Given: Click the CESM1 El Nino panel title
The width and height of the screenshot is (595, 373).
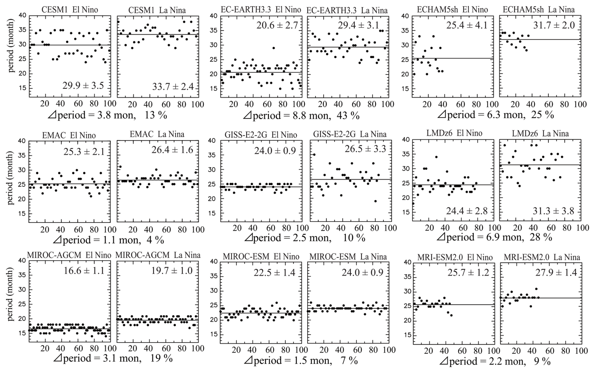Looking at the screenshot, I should pyautogui.click(x=70, y=10).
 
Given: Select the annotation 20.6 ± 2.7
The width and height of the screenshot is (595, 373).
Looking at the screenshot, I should pyautogui.click(x=276, y=25).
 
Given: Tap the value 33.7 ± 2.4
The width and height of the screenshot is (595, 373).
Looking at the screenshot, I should pyautogui.click(x=173, y=86).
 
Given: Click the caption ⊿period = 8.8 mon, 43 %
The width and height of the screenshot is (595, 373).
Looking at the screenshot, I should pyautogui.click(x=301, y=116).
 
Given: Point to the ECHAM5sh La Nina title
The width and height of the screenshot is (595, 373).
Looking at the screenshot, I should pyautogui.click(x=538, y=9).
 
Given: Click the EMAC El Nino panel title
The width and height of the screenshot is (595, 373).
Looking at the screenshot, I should pyautogui.click(x=69, y=135).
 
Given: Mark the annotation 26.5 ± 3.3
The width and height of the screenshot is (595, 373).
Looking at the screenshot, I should pyautogui.click(x=364, y=149).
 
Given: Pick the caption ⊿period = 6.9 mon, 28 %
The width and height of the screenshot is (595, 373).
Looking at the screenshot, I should pyautogui.click(x=495, y=237).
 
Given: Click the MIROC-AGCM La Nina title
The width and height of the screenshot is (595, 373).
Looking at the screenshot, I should pyautogui.click(x=158, y=255).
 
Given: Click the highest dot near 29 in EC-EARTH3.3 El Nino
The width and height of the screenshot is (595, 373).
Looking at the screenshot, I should pyautogui.click(x=274, y=48).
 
